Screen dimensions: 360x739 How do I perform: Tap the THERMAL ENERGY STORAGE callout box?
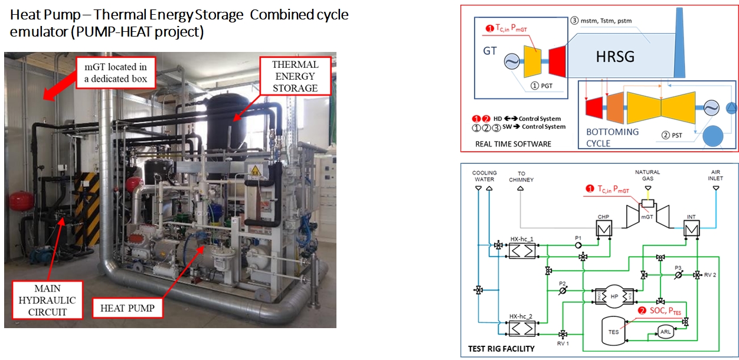(x=295, y=76)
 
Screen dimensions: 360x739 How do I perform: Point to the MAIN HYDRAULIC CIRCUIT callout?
(x=47, y=300)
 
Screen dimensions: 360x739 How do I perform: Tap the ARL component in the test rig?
(x=665, y=332)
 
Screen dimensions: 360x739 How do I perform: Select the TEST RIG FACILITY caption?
(x=501, y=349)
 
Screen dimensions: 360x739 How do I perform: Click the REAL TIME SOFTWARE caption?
(x=513, y=143)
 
